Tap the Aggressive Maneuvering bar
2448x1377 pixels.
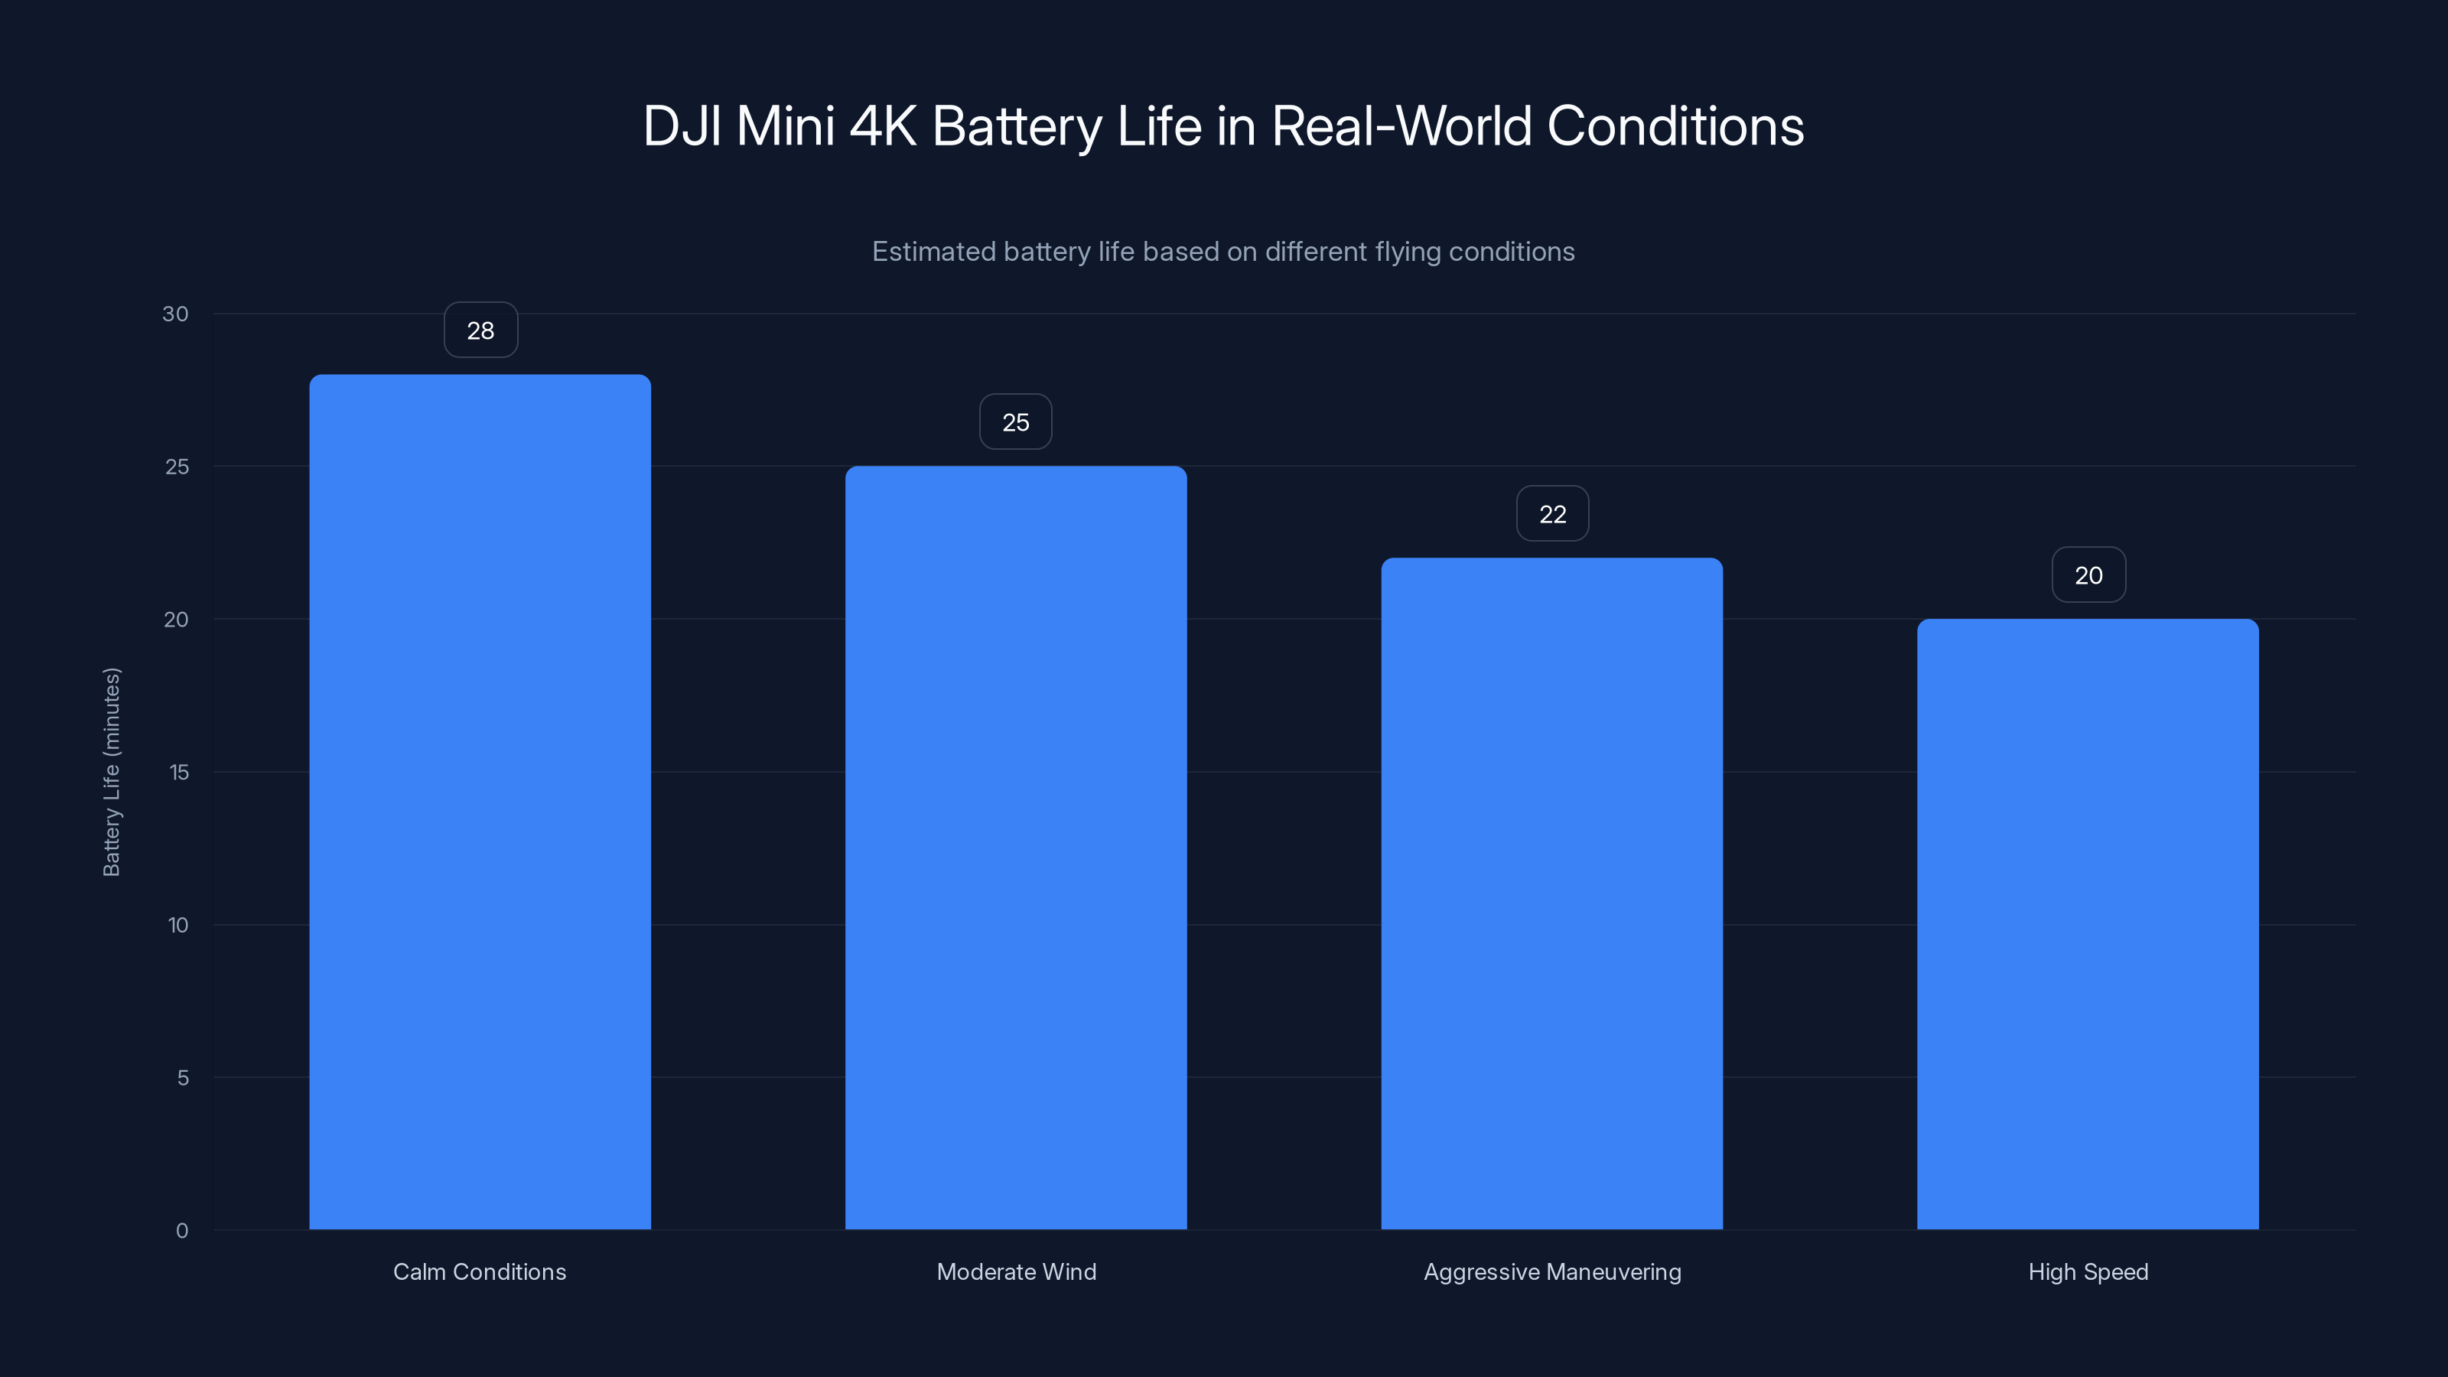[x=1552, y=894]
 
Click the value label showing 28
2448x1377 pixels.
[x=481, y=330]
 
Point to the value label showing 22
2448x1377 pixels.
[x=1553, y=514]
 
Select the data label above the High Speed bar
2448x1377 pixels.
[x=2088, y=575]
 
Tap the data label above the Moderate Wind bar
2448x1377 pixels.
[x=1016, y=422]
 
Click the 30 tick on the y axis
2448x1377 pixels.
[x=176, y=314]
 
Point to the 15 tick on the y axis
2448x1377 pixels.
[x=179, y=773]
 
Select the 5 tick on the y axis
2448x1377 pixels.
[x=183, y=1078]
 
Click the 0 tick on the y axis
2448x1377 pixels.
[x=183, y=1231]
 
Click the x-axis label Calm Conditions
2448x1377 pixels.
[x=480, y=1271]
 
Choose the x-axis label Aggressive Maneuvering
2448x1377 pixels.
[x=1552, y=1271]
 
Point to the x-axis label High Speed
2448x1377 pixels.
[x=2088, y=1271]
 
